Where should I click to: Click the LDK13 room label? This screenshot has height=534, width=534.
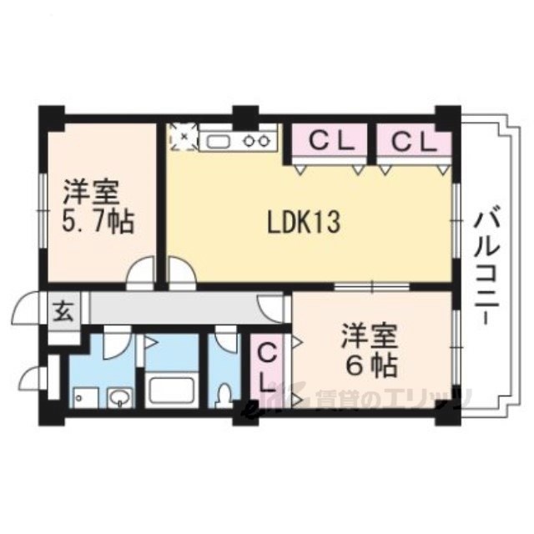click(304, 223)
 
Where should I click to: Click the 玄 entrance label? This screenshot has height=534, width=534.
click(64, 313)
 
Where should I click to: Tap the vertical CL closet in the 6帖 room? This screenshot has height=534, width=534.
click(268, 367)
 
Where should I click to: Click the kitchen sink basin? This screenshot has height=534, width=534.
click(219, 141)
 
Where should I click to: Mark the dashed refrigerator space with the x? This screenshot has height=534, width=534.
click(184, 137)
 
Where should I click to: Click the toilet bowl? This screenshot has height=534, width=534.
click(224, 395)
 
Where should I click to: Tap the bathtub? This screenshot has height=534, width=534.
click(172, 390)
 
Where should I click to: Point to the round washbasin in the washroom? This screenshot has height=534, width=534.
click(120, 397)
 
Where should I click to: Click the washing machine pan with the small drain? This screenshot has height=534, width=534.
click(84, 397)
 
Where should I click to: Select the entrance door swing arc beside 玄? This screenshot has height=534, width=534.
click(24, 308)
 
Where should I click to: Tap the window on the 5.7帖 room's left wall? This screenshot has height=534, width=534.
click(43, 210)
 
